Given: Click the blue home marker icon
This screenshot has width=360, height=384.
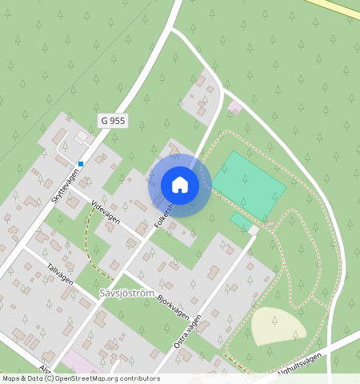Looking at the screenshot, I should pos(180,185).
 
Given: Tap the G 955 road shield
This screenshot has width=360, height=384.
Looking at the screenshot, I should pos(114,120).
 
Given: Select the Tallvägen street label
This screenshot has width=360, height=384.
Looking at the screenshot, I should pos(60,274).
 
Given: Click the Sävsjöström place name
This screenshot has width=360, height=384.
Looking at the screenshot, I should pos(126,294).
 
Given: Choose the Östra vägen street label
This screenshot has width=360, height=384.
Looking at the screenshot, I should pos(188,330).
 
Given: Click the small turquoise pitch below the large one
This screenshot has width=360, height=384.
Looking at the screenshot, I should pos(239,221).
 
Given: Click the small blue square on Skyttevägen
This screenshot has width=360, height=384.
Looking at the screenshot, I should pos(81,163).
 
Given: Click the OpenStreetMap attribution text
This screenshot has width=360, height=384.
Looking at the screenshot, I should pos(81,378).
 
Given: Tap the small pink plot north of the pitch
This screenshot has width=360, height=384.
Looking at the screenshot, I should pos(234,106).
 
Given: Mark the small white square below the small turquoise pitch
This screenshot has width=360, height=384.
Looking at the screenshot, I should pos(254,230).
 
